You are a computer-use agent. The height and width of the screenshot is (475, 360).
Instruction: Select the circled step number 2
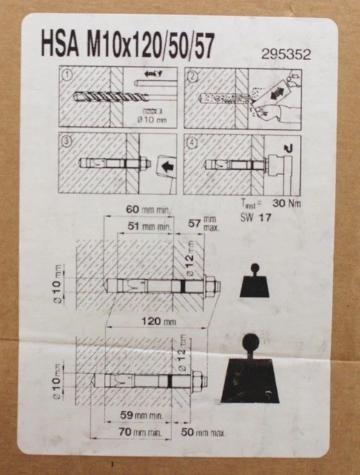pos(191,75)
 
